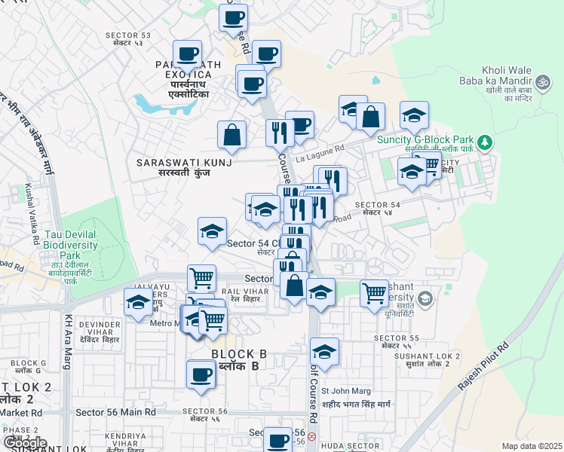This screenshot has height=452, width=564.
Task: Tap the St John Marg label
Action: pos(346,390)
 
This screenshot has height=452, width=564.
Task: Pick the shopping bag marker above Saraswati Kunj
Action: pos(232,136)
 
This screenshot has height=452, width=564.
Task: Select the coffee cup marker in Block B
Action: pos(201,375)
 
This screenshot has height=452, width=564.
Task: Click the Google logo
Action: pos(25,443)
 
